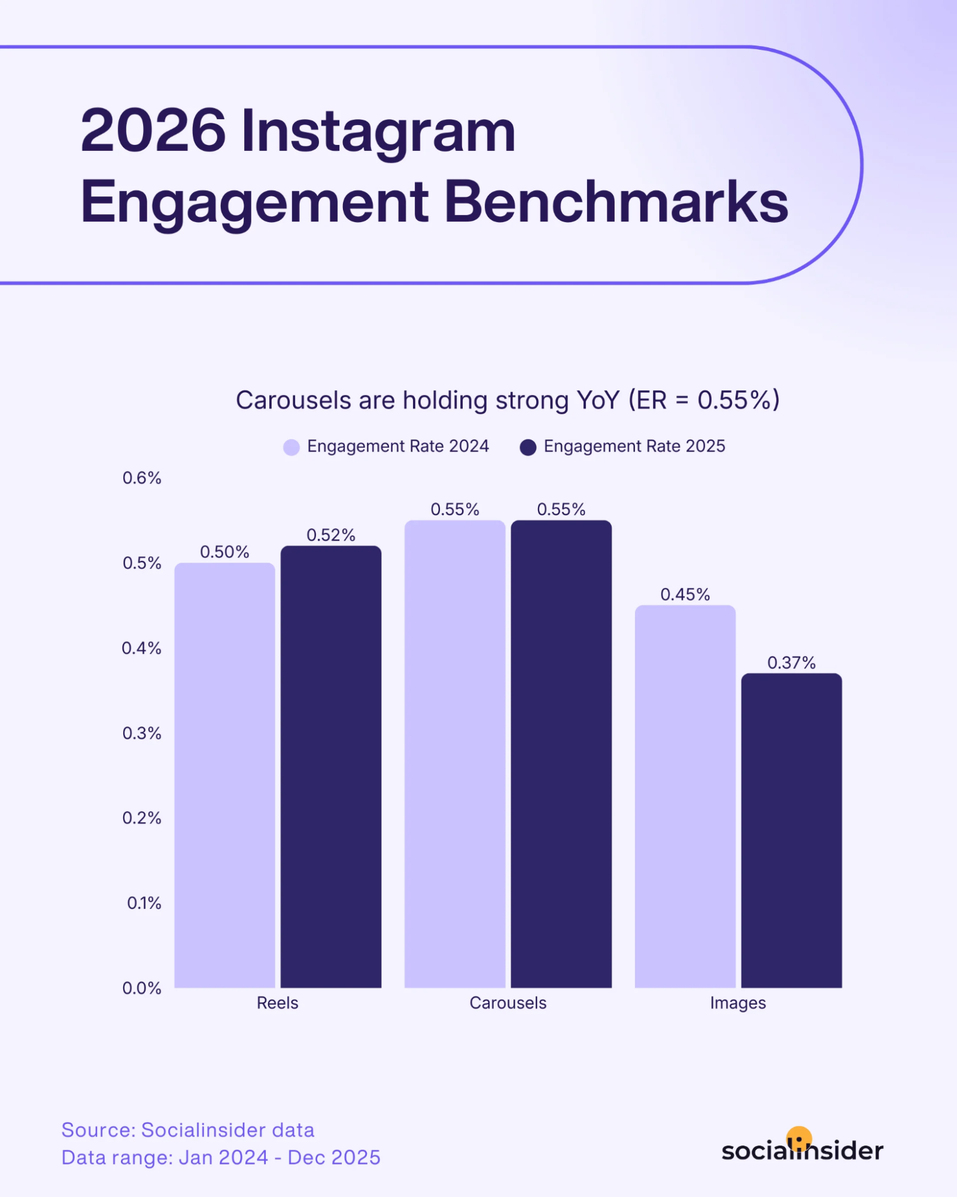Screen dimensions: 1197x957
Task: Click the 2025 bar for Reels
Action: [331, 766]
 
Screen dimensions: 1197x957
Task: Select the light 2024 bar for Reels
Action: [224, 775]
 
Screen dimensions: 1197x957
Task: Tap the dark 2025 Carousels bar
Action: [561, 754]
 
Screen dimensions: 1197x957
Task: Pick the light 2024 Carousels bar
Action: [455, 754]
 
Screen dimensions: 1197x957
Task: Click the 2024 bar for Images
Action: [685, 796]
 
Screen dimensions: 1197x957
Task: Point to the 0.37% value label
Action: [791, 662]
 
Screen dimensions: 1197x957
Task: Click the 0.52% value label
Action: [331, 535]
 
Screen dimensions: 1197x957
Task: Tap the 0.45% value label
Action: [685, 594]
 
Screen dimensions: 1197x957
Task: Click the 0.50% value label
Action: [224, 551]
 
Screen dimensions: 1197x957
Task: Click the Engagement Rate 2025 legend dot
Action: [528, 447]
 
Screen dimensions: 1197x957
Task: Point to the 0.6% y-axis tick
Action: [142, 478]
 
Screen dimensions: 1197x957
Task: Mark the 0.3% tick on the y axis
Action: [142, 733]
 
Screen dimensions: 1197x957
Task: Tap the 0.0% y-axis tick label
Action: [142, 988]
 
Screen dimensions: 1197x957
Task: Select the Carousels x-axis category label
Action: [508, 1003]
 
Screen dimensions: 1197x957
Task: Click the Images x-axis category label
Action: [737, 1003]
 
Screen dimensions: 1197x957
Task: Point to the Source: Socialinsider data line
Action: [188, 1130]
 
